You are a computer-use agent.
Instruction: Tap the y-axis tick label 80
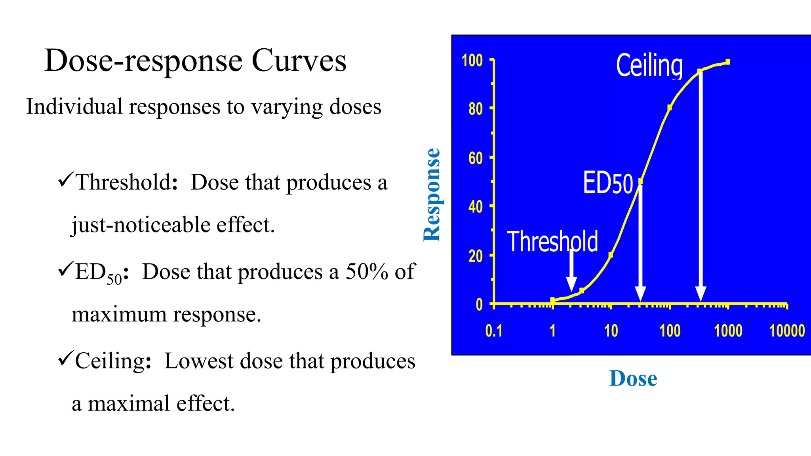tap(476, 109)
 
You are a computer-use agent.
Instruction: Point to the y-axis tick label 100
tap(472, 61)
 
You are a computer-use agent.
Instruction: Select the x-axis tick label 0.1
tap(494, 331)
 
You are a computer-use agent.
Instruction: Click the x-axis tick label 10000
tap(787, 331)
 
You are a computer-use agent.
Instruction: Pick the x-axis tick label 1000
tap(728, 331)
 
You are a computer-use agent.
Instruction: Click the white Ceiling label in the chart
tap(649, 65)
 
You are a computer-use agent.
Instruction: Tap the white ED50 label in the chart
tap(608, 183)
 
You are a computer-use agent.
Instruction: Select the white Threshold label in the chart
tap(552, 241)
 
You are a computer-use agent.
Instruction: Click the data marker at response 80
tap(669, 108)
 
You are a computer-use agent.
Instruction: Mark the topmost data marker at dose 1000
tap(728, 62)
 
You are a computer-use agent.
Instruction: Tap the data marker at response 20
tap(611, 255)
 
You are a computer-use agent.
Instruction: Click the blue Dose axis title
tap(633, 378)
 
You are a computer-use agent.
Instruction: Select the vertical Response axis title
tap(432, 195)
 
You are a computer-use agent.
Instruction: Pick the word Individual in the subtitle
tap(74, 106)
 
